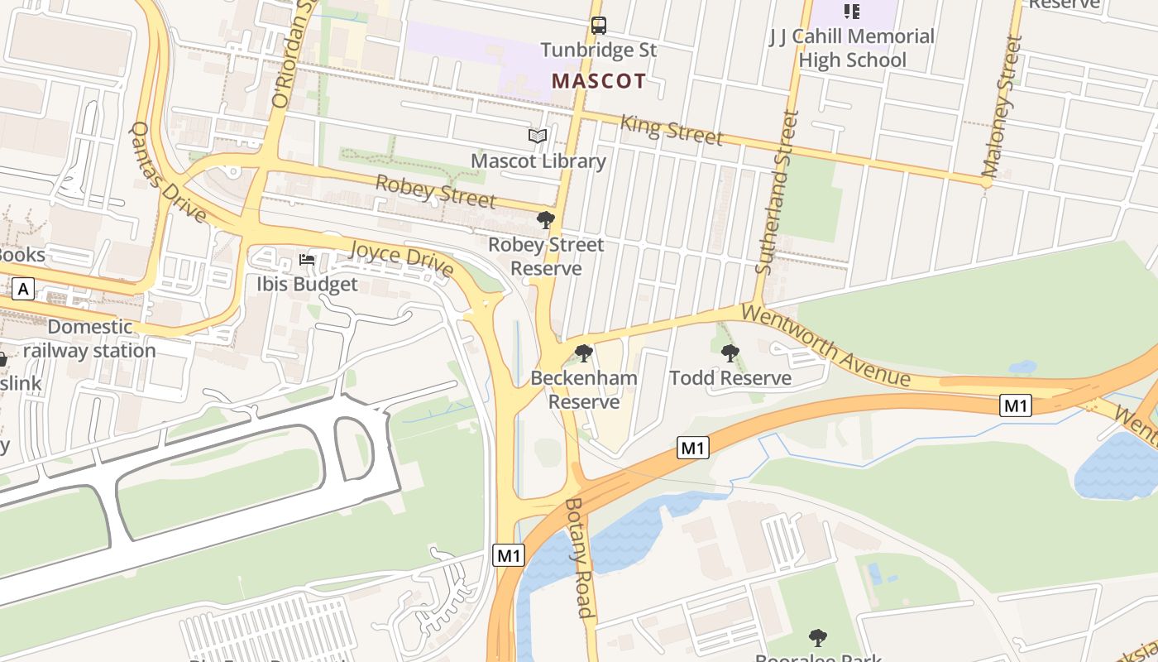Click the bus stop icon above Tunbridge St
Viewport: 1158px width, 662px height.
pos(598,26)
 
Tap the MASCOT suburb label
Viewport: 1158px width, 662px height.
pos(598,81)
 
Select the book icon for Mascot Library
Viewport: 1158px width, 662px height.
pos(538,136)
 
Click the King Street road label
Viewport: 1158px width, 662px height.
pos(671,130)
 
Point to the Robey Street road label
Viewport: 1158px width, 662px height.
pos(435,192)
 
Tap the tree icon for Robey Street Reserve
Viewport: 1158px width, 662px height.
pos(545,220)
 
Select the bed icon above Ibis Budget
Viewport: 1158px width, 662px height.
pos(307,260)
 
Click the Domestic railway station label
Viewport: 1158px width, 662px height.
pos(89,338)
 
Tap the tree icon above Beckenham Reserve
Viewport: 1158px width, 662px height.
pos(584,354)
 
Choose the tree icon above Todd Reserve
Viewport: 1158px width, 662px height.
pos(730,354)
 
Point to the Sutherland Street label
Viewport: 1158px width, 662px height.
pos(778,192)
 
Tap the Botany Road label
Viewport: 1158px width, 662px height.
pos(580,558)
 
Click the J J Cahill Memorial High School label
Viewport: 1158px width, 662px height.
pos(852,48)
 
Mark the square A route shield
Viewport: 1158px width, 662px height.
pos(23,289)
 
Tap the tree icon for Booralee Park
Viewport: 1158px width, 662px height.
pos(817,638)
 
